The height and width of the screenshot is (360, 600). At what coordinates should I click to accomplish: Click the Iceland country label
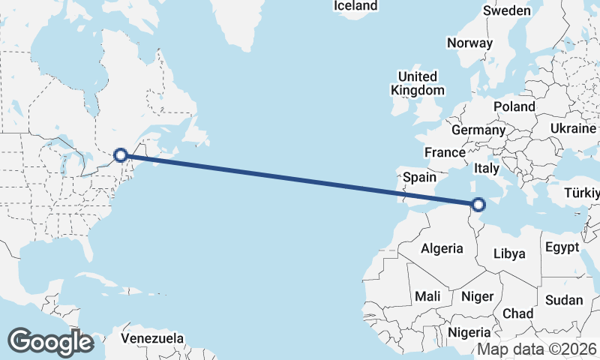pyautogui.click(x=355, y=6)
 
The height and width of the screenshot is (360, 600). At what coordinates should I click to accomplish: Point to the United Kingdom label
pyautogui.click(x=417, y=83)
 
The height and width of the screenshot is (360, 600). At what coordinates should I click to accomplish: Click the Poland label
pyautogui.click(x=514, y=106)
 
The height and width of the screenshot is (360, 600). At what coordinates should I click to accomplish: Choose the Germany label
pyautogui.click(x=478, y=130)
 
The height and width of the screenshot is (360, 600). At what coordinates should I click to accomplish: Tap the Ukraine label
pyautogui.click(x=572, y=129)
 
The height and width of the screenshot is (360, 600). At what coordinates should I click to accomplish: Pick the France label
pyautogui.click(x=445, y=152)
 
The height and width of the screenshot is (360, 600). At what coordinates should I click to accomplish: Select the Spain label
pyautogui.click(x=419, y=178)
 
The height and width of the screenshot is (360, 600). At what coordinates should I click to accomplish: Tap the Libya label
pyautogui.click(x=509, y=253)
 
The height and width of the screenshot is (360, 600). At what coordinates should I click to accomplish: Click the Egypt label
pyautogui.click(x=562, y=247)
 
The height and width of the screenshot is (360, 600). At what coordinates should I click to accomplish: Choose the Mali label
pyautogui.click(x=427, y=296)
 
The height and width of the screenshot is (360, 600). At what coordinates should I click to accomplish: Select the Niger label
pyautogui.click(x=477, y=296)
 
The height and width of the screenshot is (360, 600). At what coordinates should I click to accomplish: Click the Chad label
pyautogui.click(x=518, y=313)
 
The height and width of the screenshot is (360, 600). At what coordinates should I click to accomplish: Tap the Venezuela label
pyautogui.click(x=153, y=338)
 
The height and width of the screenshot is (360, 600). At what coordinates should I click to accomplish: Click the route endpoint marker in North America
pyautogui.click(x=121, y=155)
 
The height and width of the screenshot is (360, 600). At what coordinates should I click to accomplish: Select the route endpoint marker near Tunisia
pyautogui.click(x=478, y=203)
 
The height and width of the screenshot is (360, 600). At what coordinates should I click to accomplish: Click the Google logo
pyautogui.click(x=50, y=341)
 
